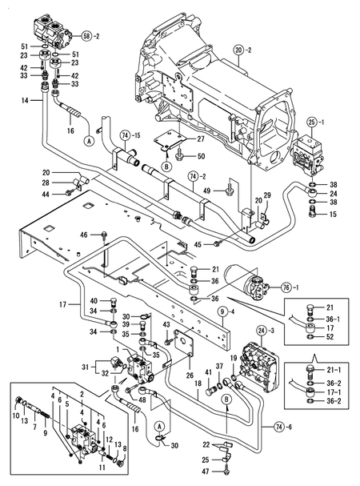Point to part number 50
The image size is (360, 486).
(201, 155)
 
